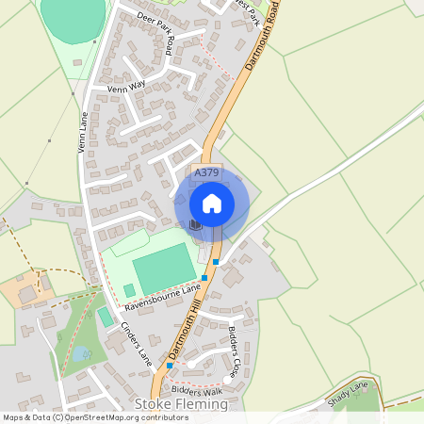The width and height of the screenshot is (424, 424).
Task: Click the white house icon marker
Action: (x=212, y=203)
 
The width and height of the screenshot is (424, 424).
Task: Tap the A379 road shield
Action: (x=206, y=173)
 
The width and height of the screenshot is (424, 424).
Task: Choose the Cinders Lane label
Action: (x=136, y=343)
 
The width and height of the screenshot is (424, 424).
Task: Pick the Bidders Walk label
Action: (x=198, y=389)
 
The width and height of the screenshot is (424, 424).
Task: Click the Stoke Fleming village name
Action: (x=182, y=404)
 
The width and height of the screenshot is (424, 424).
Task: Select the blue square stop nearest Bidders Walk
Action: (x=170, y=365)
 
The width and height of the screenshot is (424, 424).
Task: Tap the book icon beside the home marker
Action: (x=195, y=224)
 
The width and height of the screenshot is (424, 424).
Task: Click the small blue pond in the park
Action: (x=83, y=353)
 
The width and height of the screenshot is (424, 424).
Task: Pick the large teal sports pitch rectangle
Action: (x=164, y=267)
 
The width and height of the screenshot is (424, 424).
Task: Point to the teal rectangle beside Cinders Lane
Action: (x=105, y=317)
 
